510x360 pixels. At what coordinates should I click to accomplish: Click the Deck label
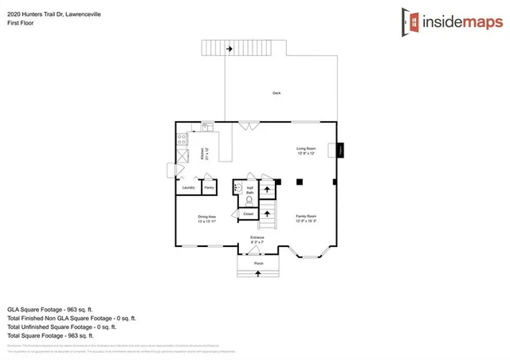[277, 93]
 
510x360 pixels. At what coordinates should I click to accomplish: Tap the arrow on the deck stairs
[229, 49]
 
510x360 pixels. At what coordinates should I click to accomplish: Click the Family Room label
[307, 218]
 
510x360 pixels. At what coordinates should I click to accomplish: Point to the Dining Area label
[207, 218]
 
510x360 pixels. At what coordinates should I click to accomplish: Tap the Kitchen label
[204, 154]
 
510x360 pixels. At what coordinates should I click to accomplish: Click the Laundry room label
[189, 187]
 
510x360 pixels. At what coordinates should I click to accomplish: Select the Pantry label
[209, 187]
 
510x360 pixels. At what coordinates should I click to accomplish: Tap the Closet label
[248, 213]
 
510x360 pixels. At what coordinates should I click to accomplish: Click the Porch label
[258, 263]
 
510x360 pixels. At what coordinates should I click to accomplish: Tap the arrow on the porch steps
[258, 274]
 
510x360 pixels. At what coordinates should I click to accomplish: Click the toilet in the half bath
[249, 201]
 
